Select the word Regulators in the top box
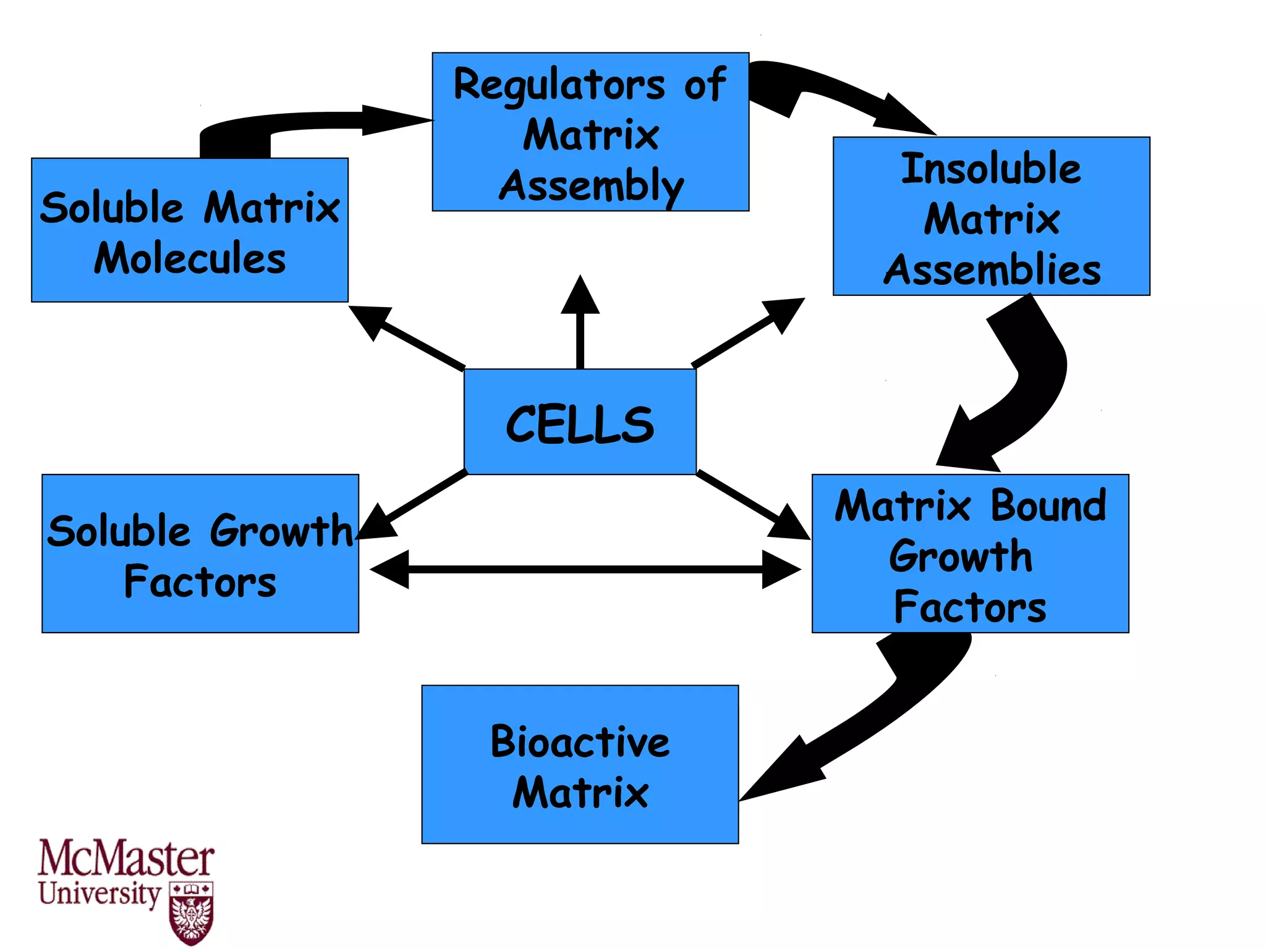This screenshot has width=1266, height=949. coord(559,85)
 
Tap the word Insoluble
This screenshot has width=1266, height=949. coord(991,168)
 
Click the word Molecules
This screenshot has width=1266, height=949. coord(190,258)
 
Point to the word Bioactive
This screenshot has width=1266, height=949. coord(580,741)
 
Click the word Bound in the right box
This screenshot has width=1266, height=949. coord(1048,505)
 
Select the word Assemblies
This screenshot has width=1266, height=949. coord(992,271)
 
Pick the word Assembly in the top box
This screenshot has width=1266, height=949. coord(592,185)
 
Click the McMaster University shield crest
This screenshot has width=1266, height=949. coord(191,913)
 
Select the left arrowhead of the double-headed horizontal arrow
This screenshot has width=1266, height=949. coord(391,569)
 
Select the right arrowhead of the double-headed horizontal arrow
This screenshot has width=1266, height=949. coord(780,569)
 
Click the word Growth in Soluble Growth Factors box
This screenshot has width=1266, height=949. coord(281,531)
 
